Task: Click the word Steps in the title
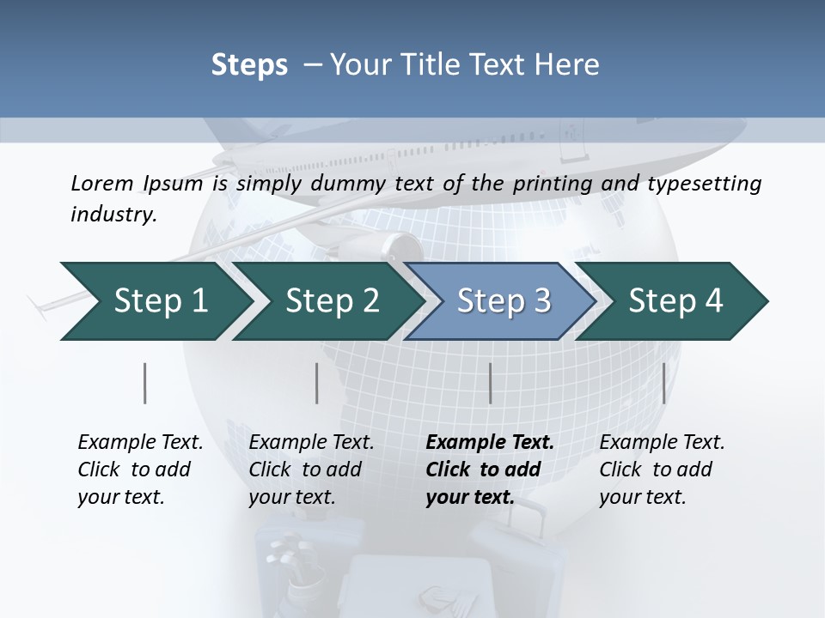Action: [249, 64]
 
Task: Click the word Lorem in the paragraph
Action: [102, 183]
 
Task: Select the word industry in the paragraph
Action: [113, 214]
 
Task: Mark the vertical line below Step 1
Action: [144, 383]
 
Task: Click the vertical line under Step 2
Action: [317, 383]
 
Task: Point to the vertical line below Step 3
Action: [490, 383]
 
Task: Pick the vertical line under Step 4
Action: [663, 383]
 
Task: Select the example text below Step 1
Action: [140, 470]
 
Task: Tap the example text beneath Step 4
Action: [662, 470]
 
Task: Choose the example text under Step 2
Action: [311, 470]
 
